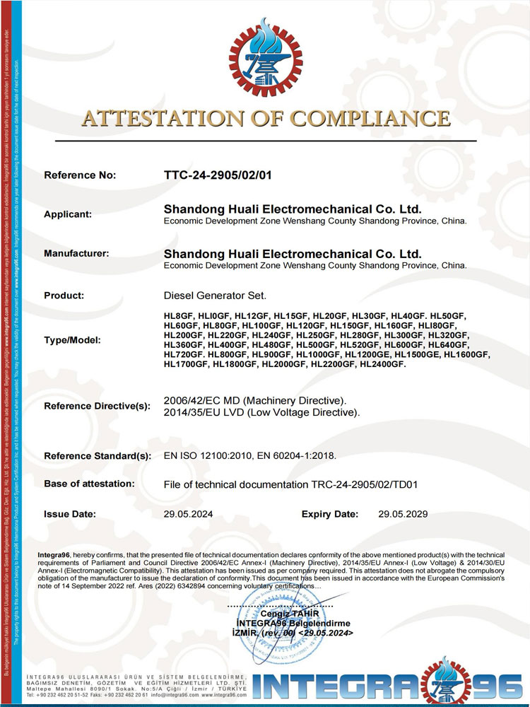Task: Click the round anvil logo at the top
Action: click(x=264, y=53)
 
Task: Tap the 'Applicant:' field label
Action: click(x=68, y=214)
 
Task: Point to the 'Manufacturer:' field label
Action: click(x=76, y=253)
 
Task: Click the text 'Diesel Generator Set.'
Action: click(x=215, y=296)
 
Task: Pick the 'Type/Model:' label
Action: click(x=73, y=340)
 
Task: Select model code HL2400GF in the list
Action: click(x=383, y=364)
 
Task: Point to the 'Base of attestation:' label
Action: click(x=89, y=484)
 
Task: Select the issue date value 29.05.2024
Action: click(x=187, y=514)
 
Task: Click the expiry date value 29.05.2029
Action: click(x=403, y=514)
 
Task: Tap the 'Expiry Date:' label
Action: click(x=330, y=514)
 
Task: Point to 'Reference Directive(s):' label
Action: click(x=98, y=406)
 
